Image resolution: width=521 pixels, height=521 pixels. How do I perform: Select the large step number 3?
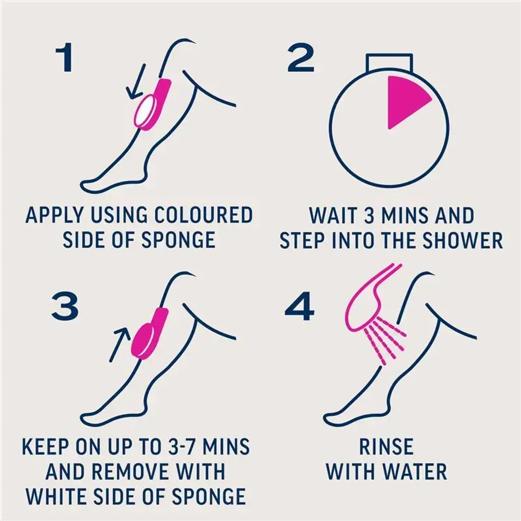pyautogui.click(x=65, y=306)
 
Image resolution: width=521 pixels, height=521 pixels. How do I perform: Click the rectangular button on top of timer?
pyautogui.click(x=389, y=63)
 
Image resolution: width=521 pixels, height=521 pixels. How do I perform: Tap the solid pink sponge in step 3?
pyautogui.click(x=150, y=334)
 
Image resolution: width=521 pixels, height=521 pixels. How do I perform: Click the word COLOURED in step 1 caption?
pyautogui.click(x=204, y=215)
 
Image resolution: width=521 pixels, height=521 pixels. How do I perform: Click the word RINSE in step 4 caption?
pyautogui.click(x=387, y=446)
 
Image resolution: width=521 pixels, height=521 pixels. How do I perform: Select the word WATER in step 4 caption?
pyautogui.click(x=416, y=471)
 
